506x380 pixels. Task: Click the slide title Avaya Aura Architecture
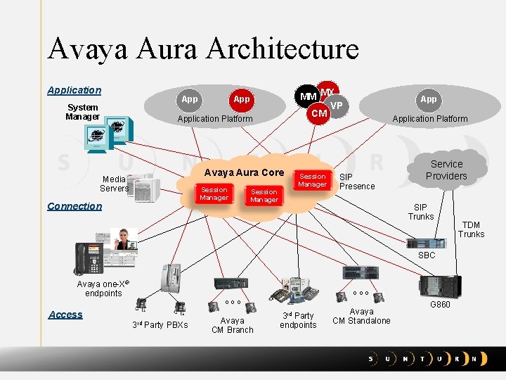202,49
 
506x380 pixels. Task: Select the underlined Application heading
74,90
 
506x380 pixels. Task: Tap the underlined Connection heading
74,206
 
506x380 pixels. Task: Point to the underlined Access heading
65,315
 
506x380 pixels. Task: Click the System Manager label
82,112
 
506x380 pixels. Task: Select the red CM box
319,113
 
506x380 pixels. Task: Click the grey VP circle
337,106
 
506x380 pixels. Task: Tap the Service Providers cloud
446,170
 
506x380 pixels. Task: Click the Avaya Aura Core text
244,172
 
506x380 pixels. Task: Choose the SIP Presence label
357,182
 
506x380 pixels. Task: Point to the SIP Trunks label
421,212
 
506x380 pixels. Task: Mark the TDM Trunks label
471,229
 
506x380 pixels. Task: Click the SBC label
427,255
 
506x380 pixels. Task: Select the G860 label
440,305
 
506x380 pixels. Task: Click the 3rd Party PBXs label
160,324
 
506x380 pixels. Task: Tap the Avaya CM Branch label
232,325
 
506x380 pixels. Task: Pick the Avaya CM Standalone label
361,316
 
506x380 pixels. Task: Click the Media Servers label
114,184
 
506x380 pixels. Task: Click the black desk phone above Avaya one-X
89,258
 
